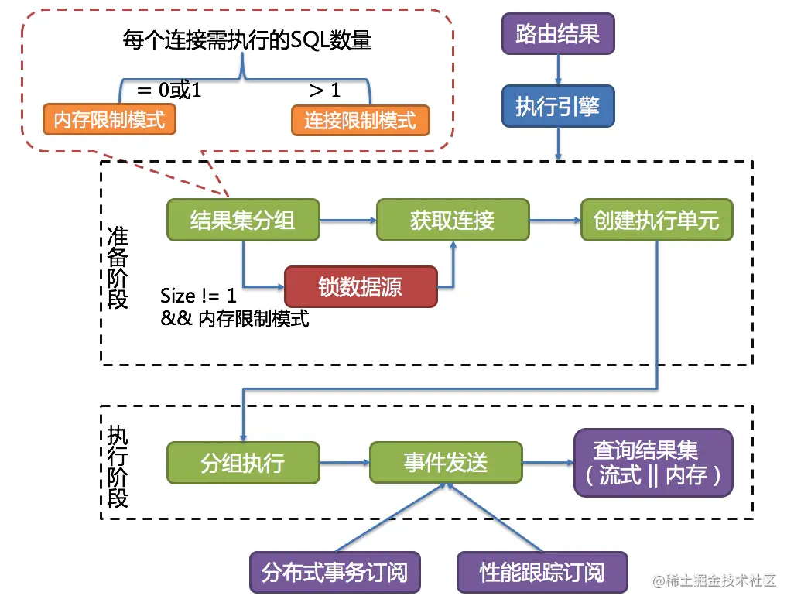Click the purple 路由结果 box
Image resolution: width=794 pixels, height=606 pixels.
click(x=557, y=34)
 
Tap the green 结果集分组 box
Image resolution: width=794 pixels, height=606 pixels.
click(x=243, y=220)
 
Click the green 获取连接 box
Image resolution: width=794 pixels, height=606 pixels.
click(x=453, y=220)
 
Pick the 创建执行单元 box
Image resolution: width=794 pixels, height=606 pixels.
click(x=656, y=220)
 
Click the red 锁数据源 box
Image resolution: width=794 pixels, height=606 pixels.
click(x=361, y=286)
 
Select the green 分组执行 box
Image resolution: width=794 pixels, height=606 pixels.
click(x=243, y=463)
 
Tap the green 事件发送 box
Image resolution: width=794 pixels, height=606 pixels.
click(x=446, y=463)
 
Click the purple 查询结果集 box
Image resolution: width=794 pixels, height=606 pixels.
click(x=652, y=462)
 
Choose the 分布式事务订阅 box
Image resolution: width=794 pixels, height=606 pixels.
click(x=334, y=573)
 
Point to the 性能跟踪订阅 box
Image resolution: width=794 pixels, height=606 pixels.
click(x=542, y=573)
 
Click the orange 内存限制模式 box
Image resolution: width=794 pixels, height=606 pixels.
click(x=110, y=120)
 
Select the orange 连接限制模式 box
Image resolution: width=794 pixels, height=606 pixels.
click(x=360, y=120)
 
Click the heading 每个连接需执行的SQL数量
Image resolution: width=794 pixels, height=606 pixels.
click(x=247, y=40)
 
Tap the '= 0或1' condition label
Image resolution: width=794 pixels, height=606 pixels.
click(x=168, y=91)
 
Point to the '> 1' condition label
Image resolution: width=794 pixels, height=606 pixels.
click(x=324, y=91)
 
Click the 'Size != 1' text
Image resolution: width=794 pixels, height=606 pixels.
click(x=199, y=296)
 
